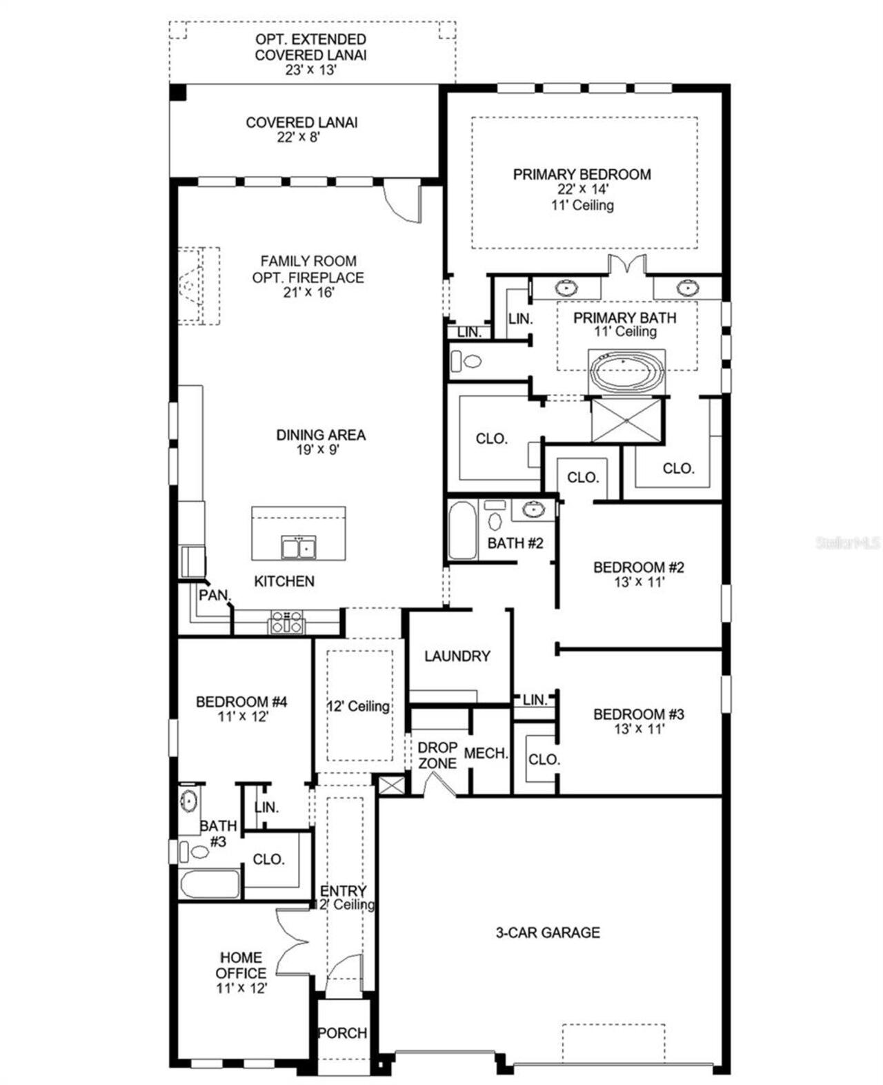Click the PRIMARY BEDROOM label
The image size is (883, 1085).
(582, 175)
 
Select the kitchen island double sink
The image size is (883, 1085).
(299, 547)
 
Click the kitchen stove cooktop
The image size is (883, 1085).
(286, 622)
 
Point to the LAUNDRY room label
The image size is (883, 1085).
(457, 656)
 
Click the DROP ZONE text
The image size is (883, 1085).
(437, 756)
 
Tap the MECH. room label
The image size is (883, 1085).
(486, 754)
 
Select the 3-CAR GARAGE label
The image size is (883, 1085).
(548, 933)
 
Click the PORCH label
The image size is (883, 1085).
(342, 1033)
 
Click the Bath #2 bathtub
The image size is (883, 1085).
(462, 531)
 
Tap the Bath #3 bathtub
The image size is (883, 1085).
(209, 883)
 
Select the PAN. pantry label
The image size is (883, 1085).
(214, 595)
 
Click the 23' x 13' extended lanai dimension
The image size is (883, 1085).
(310, 70)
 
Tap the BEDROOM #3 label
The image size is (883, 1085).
(638, 714)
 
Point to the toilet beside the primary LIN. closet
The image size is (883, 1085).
(467, 360)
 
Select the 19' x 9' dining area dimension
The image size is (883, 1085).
(320, 450)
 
